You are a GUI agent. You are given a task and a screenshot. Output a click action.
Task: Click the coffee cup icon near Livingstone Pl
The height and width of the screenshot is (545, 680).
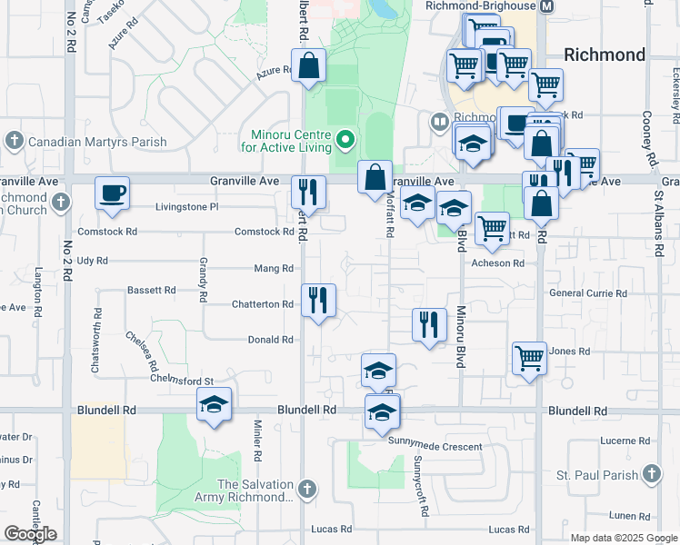(112, 193)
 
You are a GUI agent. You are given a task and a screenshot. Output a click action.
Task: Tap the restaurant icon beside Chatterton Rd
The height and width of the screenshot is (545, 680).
(318, 301)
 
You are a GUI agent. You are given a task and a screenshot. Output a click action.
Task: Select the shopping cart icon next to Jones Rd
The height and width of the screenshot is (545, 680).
(529, 358)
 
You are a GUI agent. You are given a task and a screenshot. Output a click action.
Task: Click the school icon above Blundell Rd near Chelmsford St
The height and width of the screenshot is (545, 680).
(214, 404)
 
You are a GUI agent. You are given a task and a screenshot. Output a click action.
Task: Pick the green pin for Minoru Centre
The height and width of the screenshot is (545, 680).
(345, 140)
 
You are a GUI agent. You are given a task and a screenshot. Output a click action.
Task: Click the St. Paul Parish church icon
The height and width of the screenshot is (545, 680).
(651, 473)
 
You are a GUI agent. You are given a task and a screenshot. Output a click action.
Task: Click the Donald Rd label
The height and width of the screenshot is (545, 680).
(271, 340)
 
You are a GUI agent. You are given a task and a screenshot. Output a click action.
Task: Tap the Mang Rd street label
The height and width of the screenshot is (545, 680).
(274, 268)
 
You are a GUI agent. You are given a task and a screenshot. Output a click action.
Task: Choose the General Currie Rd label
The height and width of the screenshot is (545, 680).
(588, 293)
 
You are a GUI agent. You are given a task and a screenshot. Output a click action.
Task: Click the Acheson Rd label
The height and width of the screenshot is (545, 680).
(498, 263)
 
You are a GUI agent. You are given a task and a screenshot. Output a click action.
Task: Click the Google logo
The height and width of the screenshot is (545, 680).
(30, 534)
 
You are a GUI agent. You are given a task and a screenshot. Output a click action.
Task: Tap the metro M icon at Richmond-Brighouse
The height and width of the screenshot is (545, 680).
(546, 6)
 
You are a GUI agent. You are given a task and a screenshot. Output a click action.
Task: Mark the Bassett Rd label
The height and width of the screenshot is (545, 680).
(151, 291)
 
